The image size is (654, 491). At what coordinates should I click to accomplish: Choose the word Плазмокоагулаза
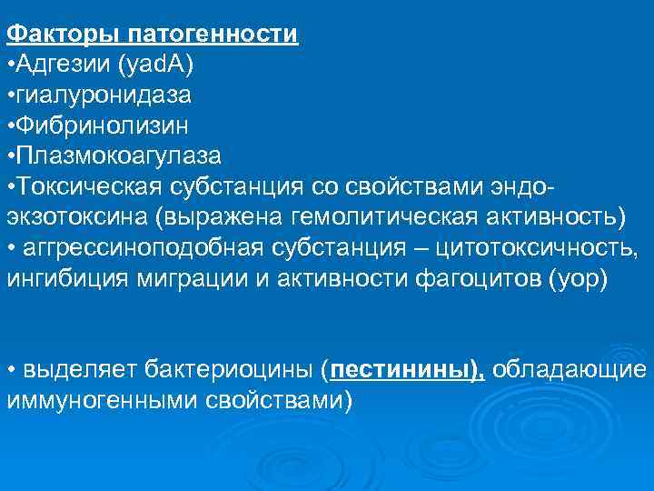pyautogui.click(x=118, y=155)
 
